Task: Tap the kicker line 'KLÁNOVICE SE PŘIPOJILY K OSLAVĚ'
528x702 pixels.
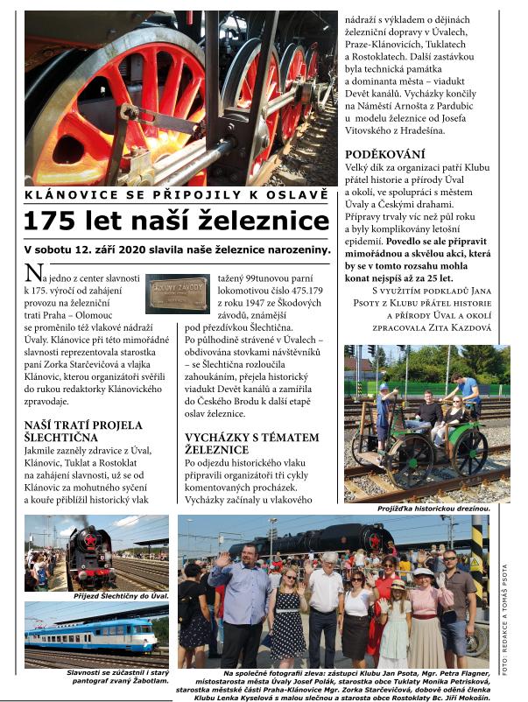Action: point(177,193)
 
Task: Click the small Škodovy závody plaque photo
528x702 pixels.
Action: point(178,293)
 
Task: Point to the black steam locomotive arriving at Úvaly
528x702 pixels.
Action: point(90,557)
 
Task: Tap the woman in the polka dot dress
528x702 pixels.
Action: point(287,610)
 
